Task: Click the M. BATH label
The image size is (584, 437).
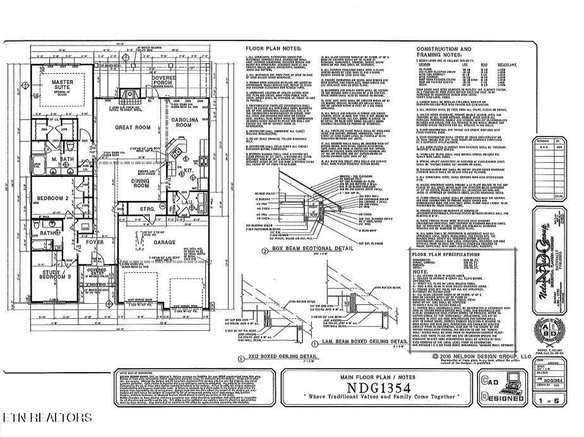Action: [x=63, y=159]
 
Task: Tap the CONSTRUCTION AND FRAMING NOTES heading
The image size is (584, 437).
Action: [x=444, y=51]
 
